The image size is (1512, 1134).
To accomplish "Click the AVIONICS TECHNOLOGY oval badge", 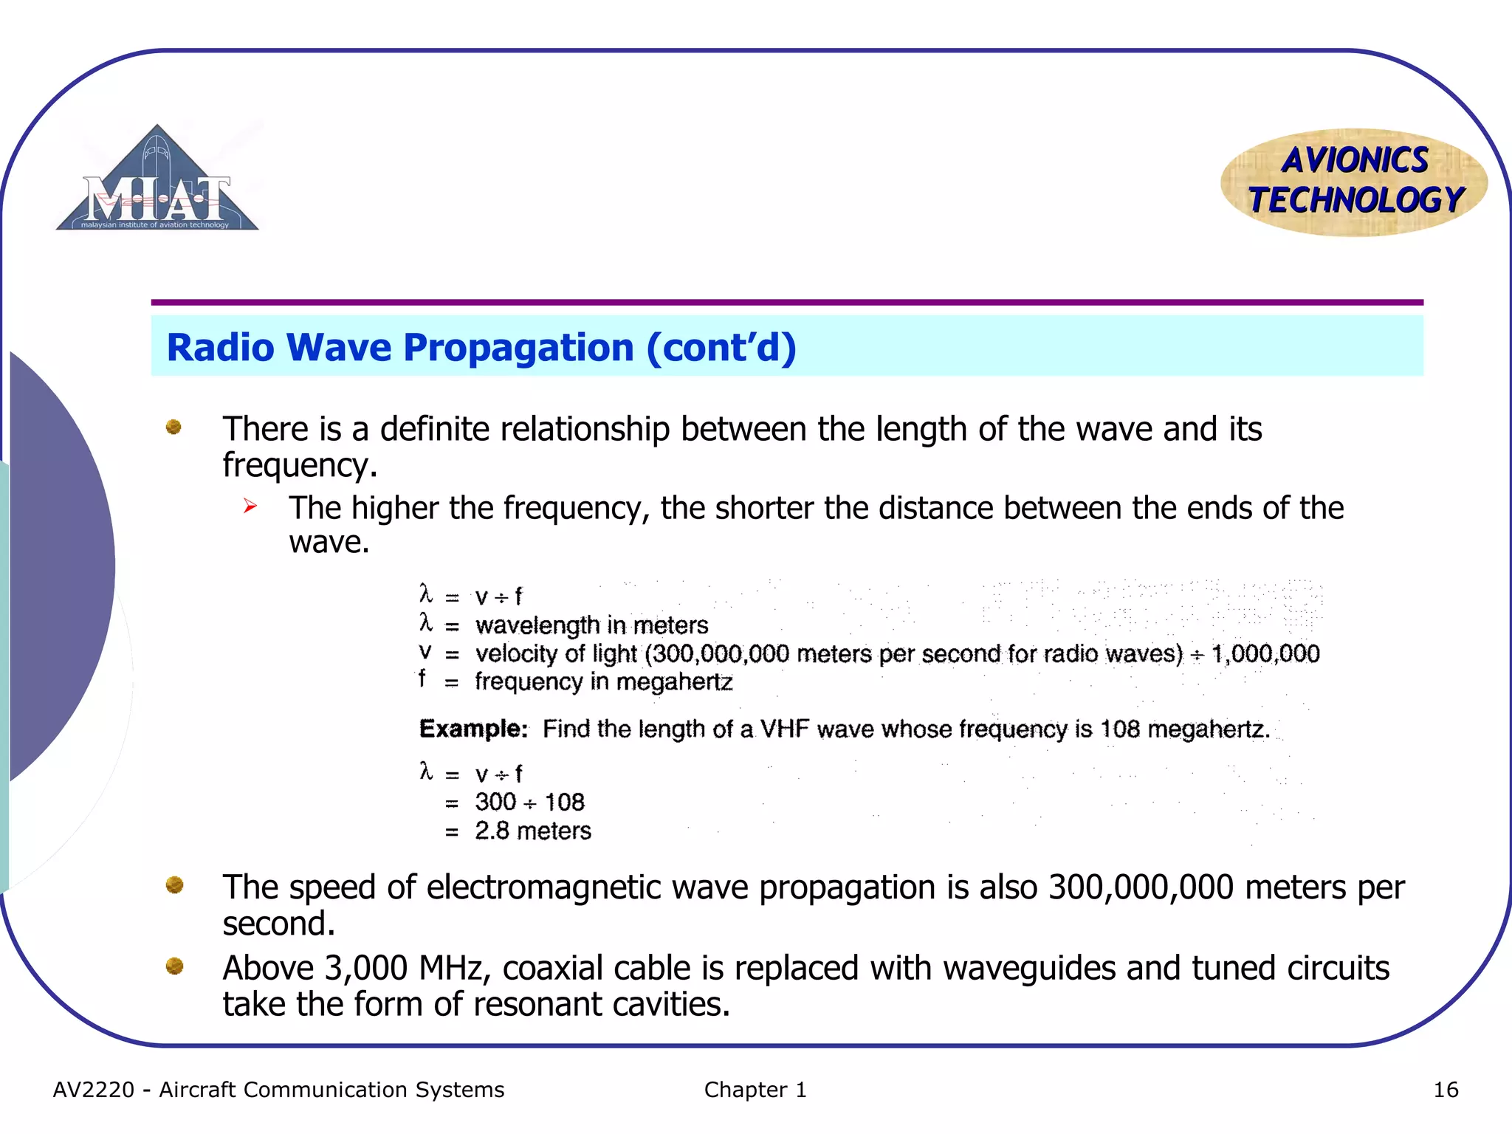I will (x=1354, y=182).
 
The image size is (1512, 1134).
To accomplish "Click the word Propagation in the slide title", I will (x=518, y=348).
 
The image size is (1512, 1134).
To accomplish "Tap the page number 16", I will (x=1446, y=1090).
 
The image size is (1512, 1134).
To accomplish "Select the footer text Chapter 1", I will (x=755, y=1090).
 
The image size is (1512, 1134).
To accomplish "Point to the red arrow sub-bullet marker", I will (x=250, y=506).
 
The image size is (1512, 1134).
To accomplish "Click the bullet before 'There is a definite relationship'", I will (x=173, y=427).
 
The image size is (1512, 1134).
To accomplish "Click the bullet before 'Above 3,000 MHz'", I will (x=174, y=966).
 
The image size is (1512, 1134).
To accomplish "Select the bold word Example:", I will (x=473, y=729).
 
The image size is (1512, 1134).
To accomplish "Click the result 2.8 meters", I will (x=532, y=831).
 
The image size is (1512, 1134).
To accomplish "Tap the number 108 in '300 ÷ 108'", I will (x=564, y=803).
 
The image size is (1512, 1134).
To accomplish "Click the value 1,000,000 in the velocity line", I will (x=1265, y=653).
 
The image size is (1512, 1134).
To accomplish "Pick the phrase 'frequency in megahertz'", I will (x=603, y=681).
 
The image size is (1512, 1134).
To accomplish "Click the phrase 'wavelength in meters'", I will (x=591, y=625).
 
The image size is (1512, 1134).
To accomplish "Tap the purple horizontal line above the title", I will (x=787, y=303).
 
